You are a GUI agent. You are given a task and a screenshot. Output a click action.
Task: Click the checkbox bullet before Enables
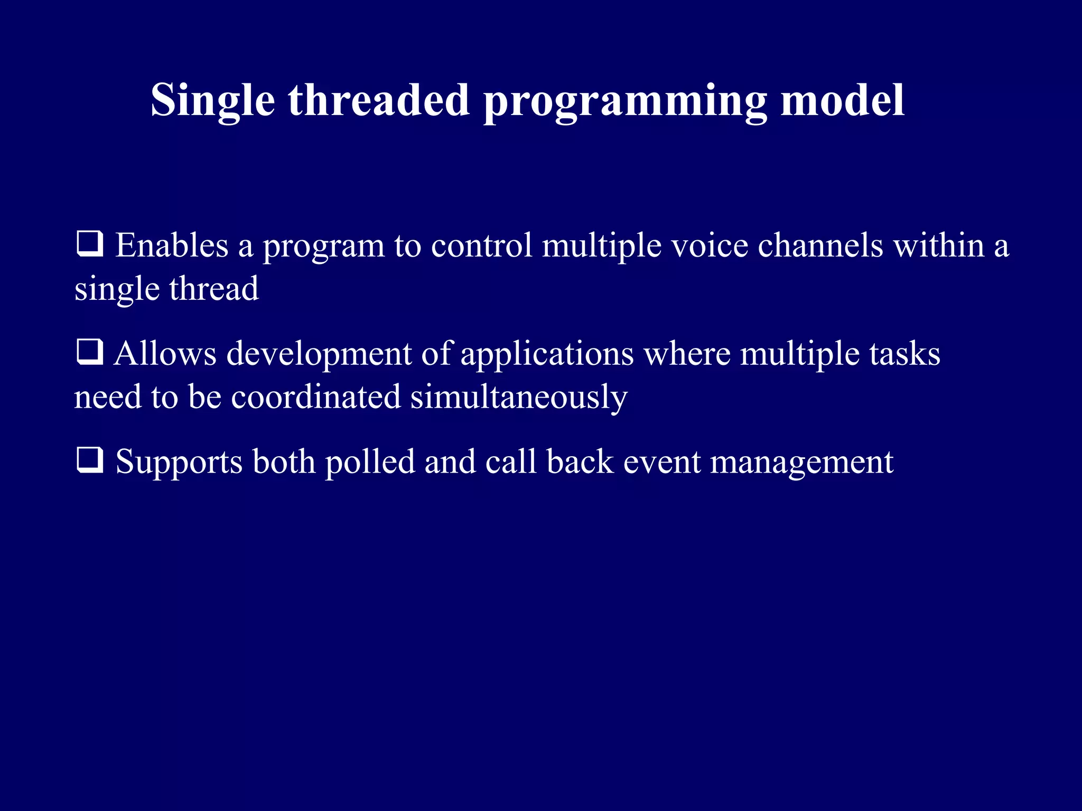pos(90,244)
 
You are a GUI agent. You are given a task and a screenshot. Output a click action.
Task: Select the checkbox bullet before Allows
pos(90,352)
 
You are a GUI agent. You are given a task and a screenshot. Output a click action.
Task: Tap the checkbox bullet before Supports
pos(90,460)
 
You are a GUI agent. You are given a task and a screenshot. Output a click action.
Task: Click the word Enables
pos(172,246)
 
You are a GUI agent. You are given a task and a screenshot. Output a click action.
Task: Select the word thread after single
pos(214,289)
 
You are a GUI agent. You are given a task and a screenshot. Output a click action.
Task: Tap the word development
pos(319,354)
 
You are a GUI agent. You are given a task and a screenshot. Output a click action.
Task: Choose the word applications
pos(547,354)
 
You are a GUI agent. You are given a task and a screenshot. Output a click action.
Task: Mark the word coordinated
pos(316,397)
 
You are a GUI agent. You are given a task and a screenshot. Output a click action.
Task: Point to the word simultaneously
pos(519,397)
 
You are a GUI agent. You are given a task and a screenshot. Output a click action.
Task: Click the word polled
pos(370,462)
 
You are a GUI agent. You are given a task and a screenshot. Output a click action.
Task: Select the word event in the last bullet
pos(662,462)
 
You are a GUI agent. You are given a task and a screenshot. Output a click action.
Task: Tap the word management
pos(801,462)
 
